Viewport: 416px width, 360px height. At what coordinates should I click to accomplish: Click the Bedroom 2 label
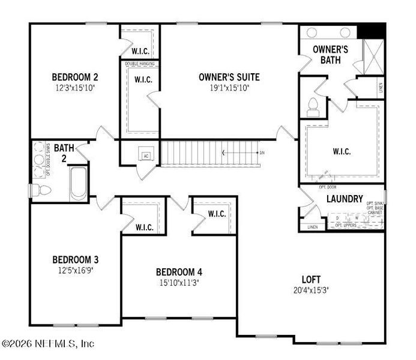point(74,77)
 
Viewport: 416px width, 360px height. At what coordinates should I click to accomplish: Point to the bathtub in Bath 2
point(79,183)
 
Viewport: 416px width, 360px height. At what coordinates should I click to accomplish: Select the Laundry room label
point(345,199)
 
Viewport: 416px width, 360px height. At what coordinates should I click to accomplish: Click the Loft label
point(311,280)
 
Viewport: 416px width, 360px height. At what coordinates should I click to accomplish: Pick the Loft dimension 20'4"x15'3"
point(311,290)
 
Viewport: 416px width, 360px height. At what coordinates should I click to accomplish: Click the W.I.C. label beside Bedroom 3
point(145,227)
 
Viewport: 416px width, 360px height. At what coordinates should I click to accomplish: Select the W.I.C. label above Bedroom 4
point(217,214)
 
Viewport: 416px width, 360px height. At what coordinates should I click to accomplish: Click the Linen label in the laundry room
point(312,227)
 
